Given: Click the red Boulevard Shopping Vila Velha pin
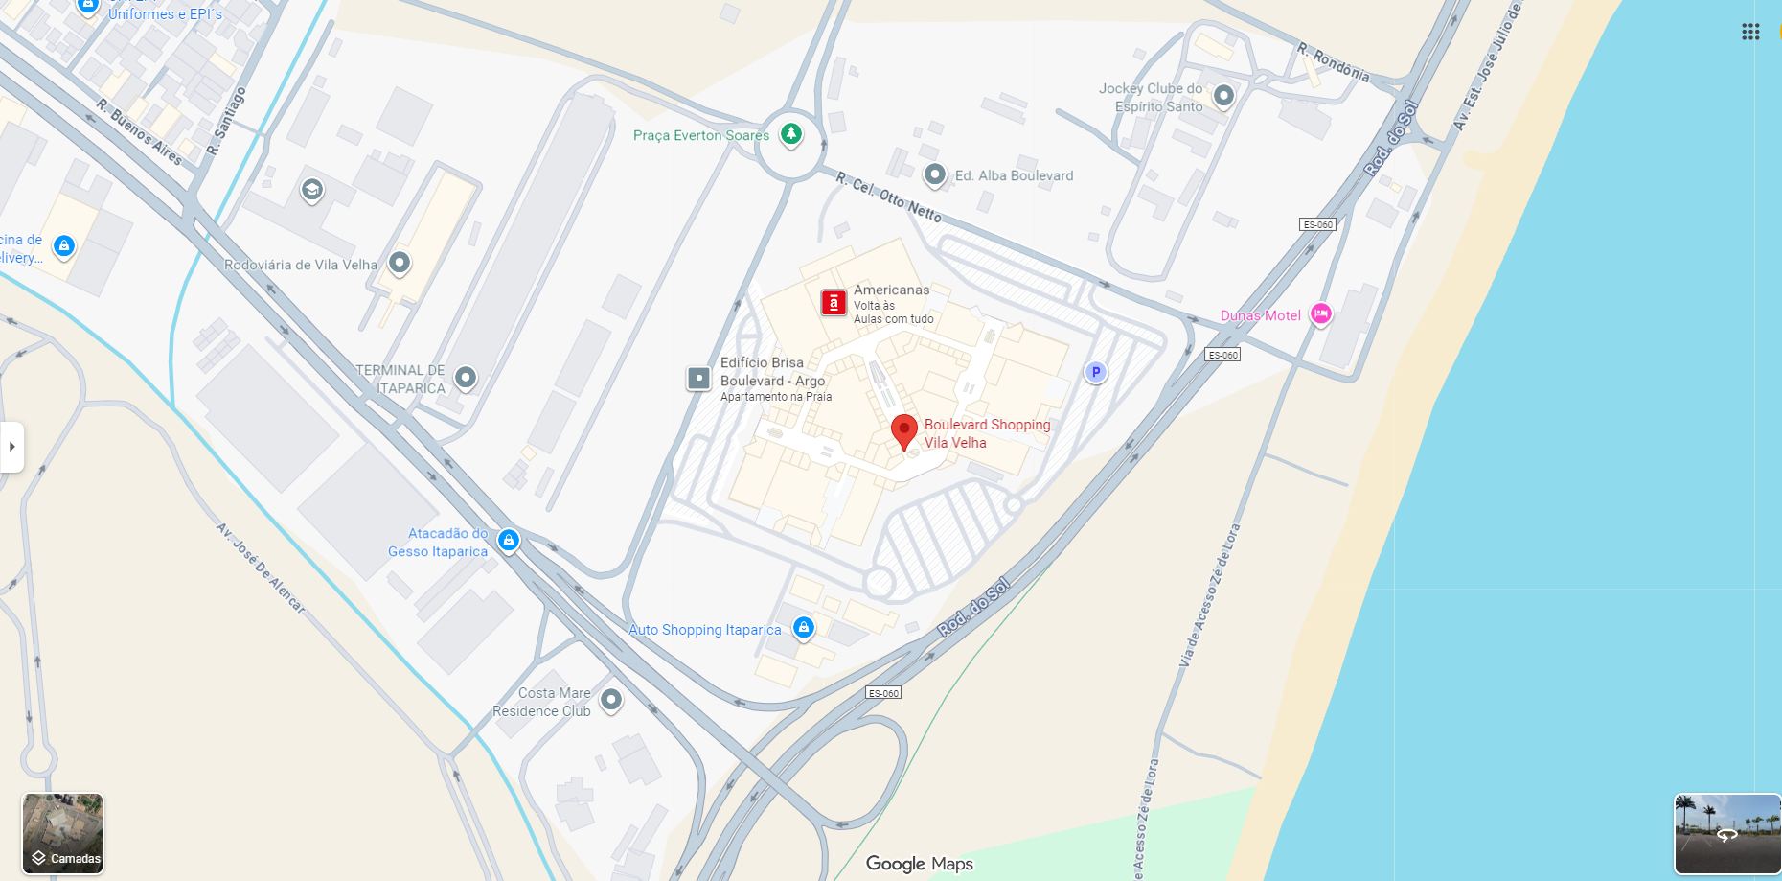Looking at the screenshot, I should pyautogui.click(x=903, y=430).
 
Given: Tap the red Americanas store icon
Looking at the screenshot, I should pyautogui.click(x=834, y=303).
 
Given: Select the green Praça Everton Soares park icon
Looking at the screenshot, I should pyautogui.click(x=790, y=134).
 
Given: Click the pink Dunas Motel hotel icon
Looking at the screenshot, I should pyautogui.click(x=1320, y=313).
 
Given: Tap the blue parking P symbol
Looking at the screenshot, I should pyautogui.click(x=1095, y=372).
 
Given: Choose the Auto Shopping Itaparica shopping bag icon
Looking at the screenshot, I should pyautogui.click(x=804, y=628).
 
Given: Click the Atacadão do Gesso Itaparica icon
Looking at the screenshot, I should pyautogui.click(x=509, y=541).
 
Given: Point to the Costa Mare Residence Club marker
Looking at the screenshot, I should pyautogui.click(x=611, y=700).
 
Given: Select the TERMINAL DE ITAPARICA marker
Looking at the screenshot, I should pyautogui.click(x=466, y=378).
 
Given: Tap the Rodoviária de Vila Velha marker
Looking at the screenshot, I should pyautogui.click(x=400, y=263).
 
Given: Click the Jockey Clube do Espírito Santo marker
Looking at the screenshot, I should pyautogui.click(x=1223, y=96).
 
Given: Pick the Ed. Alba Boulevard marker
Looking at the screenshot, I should pyautogui.click(x=934, y=174).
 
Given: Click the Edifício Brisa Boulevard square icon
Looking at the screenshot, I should pyautogui.click(x=699, y=378).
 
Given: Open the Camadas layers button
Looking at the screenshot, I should pyautogui.click(x=63, y=833).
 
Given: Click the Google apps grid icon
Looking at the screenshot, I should pyautogui.click(x=1750, y=32).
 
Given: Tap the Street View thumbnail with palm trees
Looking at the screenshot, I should pyautogui.click(x=1726, y=833).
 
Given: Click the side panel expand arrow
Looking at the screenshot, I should pyautogui.click(x=12, y=447).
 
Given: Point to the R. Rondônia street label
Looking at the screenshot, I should pyautogui.click(x=1333, y=61).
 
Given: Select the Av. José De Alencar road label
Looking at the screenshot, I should pyautogui.click(x=260, y=568).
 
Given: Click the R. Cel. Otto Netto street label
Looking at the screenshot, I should pyautogui.click(x=888, y=197).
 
